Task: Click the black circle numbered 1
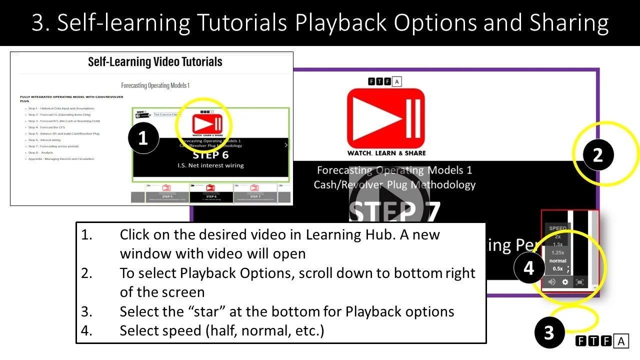click(x=143, y=137)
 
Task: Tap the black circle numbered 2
click(x=598, y=155)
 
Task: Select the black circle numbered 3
click(x=549, y=332)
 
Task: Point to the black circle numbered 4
click(x=528, y=268)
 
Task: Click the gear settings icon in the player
click(x=565, y=282)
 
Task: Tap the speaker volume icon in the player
click(x=551, y=282)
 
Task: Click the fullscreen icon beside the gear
click(x=580, y=282)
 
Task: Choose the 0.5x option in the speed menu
click(x=557, y=269)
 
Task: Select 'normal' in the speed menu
click(x=557, y=260)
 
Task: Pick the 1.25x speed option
click(x=557, y=252)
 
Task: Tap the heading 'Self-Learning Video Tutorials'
click(x=155, y=62)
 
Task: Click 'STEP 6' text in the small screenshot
click(x=210, y=154)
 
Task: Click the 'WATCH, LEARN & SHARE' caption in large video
click(x=386, y=153)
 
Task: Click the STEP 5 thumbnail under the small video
click(x=166, y=193)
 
